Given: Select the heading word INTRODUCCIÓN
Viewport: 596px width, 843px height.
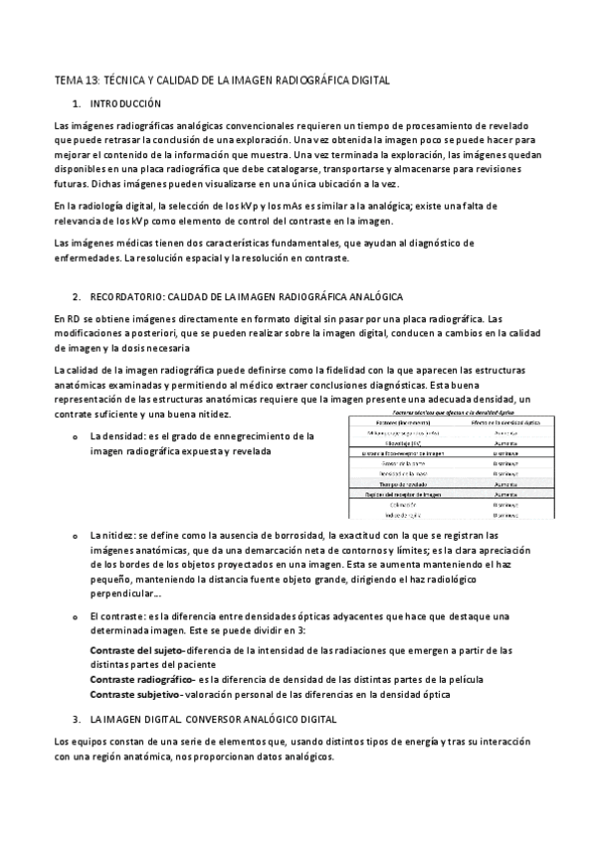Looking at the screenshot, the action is click(125, 103).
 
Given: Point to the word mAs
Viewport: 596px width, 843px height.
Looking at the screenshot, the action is click(286, 205).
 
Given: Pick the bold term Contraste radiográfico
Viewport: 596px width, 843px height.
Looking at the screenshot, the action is click(142, 678).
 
